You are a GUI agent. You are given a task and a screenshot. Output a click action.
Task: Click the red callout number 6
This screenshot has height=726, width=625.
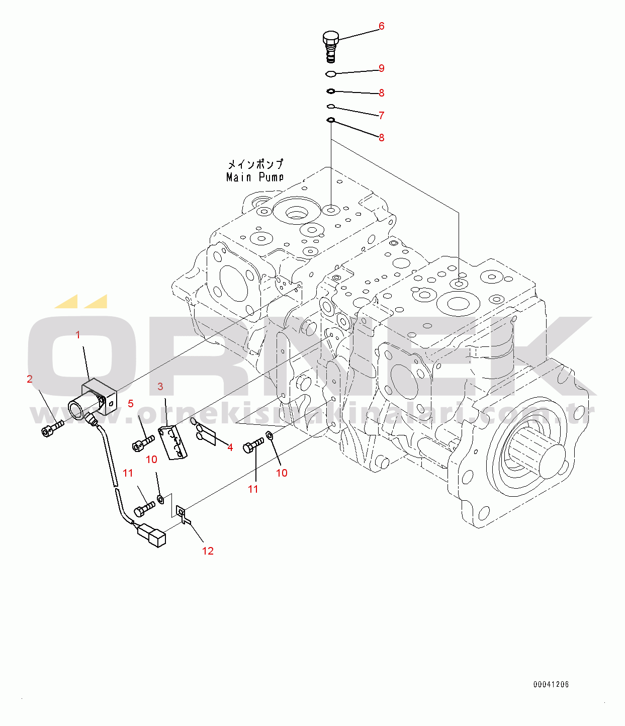[381, 26]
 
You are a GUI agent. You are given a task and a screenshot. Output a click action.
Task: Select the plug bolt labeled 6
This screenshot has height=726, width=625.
[330, 47]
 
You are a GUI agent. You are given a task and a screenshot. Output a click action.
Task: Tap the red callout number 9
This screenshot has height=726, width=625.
[382, 68]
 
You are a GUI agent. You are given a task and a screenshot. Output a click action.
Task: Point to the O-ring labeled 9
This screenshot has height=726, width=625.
[330, 74]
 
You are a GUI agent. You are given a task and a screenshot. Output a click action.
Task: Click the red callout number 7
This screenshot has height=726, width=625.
[382, 115]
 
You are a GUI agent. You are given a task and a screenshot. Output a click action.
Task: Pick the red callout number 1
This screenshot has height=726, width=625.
[78, 335]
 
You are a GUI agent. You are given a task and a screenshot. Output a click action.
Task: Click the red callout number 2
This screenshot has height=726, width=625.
[30, 379]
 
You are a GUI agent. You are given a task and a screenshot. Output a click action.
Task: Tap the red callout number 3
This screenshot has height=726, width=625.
[160, 386]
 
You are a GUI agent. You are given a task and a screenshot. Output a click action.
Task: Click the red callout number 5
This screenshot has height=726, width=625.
[131, 404]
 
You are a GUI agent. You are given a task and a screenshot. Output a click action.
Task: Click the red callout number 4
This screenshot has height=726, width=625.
[230, 447]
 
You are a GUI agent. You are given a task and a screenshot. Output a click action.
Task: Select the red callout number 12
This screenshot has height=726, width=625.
[208, 551]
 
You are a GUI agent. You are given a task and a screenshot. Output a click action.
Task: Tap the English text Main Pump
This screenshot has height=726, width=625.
[255, 176]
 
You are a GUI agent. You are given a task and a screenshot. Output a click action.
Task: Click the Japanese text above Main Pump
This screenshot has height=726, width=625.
[255, 164]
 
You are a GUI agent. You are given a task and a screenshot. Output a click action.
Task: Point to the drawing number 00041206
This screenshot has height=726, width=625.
[551, 684]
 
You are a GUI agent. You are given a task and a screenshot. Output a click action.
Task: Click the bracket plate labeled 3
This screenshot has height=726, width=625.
[172, 442]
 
